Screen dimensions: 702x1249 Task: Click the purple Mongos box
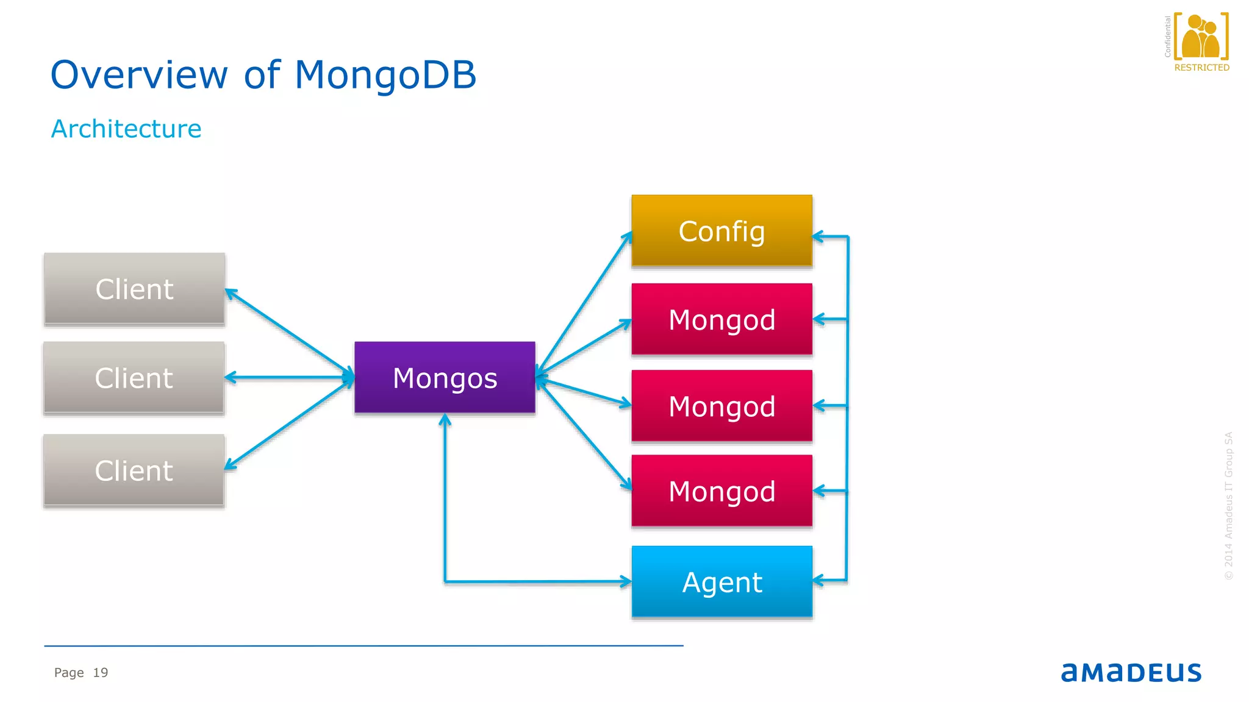[445, 378]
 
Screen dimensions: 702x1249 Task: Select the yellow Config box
[721, 231]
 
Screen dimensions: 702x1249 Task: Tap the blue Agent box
[721, 582]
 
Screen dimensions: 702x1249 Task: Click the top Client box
[134, 289]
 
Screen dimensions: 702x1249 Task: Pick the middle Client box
[134, 378]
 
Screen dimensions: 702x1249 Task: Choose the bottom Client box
[134, 470]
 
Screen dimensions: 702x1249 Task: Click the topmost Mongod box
[721, 319]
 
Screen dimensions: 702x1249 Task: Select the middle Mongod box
[721, 406]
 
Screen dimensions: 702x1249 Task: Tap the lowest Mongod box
[721, 491]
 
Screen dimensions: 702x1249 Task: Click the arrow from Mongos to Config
[584, 303]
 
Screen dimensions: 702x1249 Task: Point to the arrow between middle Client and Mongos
[290, 378]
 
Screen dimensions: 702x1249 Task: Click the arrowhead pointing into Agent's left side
[626, 581]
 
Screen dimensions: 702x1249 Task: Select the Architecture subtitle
[126, 129]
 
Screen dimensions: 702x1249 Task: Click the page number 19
[101, 673]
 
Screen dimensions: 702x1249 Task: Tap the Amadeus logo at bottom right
[1131, 672]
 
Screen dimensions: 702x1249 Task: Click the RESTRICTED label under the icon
[1201, 68]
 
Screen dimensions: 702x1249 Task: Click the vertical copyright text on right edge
[1228, 506]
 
